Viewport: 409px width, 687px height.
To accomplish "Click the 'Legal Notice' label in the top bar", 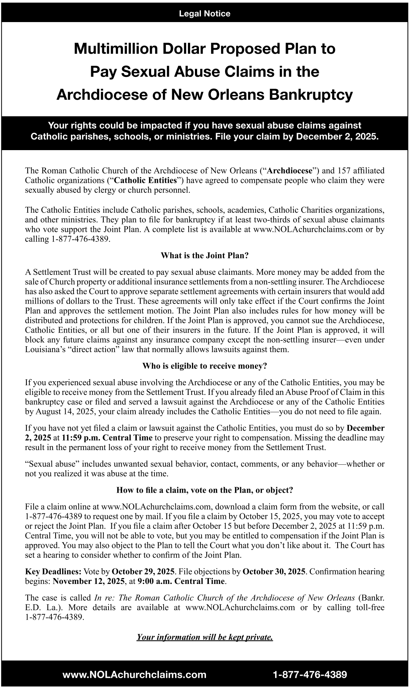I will coord(204,14).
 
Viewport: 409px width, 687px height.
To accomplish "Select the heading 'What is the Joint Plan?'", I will coord(204,255).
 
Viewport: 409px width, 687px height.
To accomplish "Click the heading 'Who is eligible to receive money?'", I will coord(204,366).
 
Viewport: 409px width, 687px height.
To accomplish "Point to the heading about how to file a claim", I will coord(204,490).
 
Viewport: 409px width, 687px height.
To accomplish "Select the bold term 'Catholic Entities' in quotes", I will coord(146,180).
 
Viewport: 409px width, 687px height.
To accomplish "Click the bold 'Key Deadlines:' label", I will coord(53,571).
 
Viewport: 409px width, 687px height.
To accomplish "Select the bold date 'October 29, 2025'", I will coord(143,571).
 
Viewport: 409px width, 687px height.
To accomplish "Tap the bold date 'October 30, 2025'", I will coord(274,571).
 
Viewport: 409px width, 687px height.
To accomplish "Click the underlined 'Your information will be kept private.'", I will coord(204,637).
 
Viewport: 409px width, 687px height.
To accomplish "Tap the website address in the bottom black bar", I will coord(135,674).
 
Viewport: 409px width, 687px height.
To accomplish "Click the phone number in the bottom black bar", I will coord(310,674).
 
